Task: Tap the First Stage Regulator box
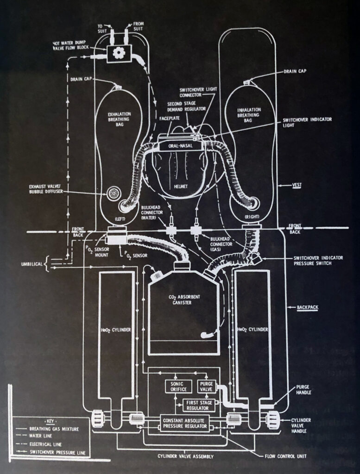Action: point(198,405)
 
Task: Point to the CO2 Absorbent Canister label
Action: point(183,300)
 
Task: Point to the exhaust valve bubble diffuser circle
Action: point(114,193)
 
